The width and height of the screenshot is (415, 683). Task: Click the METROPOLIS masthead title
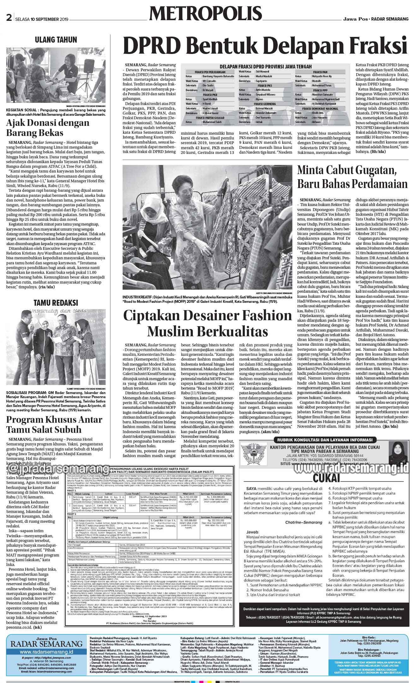coord(206,14)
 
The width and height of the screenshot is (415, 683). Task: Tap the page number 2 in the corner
coord(9,19)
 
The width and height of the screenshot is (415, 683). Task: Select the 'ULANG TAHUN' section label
coord(56,40)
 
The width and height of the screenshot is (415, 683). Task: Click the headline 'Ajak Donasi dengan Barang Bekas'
coord(48,127)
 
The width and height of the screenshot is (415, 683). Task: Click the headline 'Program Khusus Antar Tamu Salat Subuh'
coord(54,425)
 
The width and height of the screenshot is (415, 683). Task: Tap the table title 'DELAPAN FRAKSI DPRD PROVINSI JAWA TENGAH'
coord(265,66)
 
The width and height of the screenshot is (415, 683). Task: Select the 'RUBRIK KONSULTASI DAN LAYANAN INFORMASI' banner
coord(324,440)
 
